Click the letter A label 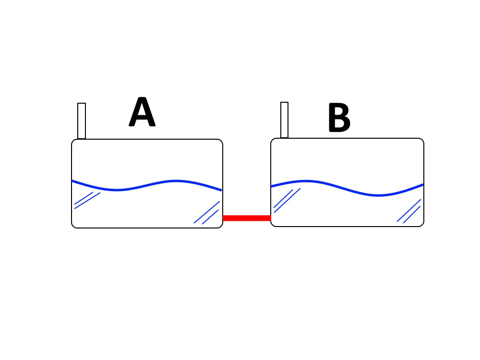[x=142, y=111]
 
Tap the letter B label [x=339, y=117]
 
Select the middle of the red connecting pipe [x=247, y=218]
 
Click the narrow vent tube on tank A [x=82, y=121]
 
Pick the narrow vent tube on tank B [x=284, y=120]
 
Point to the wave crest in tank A [x=176, y=181]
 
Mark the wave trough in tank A [x=117, y=190]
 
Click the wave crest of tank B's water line [x=306, y=181]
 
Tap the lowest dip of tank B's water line [x=378, y=195]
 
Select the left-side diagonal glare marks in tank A [x=87, y=201]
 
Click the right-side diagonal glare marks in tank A [x=207, y=213]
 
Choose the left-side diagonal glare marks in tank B [x=287, y=200]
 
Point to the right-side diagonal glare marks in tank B [x=409, y=211]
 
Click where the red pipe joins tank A [x=223, y=218]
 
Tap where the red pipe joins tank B [x=271, y=218]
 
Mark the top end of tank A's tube [x=82, y=104]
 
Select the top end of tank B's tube [x=284, y=103]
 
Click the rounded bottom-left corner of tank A [x=73, y=226]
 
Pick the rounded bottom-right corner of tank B [x=422, y=225]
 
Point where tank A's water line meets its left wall [x=72, y=180]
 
